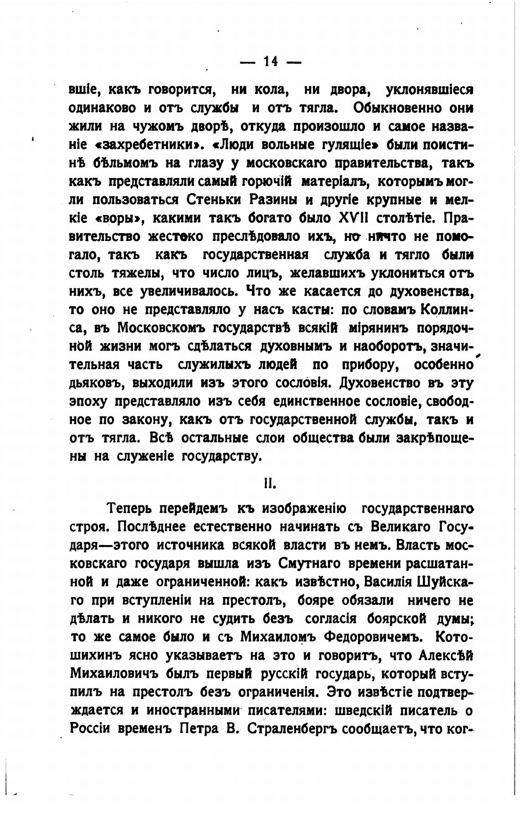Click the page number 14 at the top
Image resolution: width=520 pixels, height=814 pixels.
pyautogui.click(x=270, y=62)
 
